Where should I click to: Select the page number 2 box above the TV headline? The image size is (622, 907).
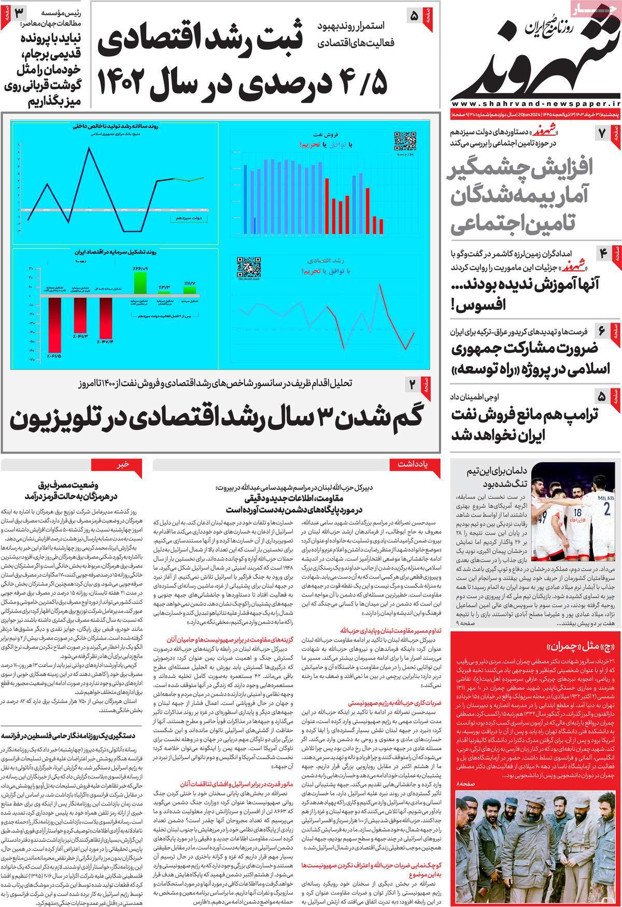click(x=413, y=384)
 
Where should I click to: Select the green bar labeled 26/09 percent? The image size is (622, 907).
click(x=140, y=283)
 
